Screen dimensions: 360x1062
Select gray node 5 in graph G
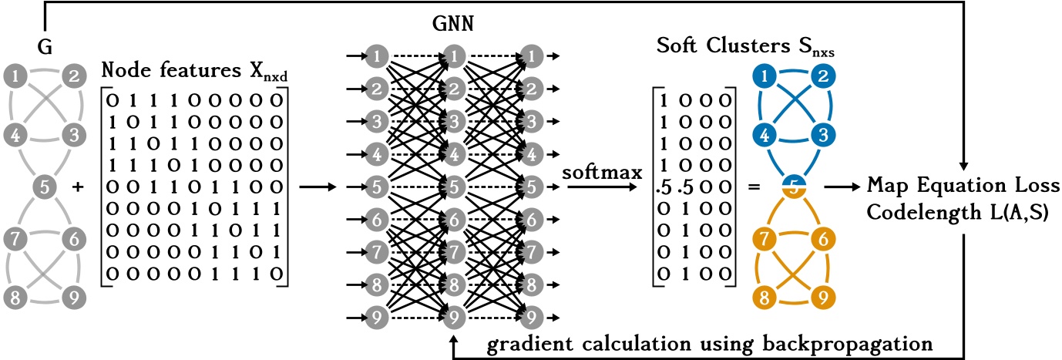tap(47, 186)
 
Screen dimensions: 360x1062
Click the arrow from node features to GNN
tap(316, 187)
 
